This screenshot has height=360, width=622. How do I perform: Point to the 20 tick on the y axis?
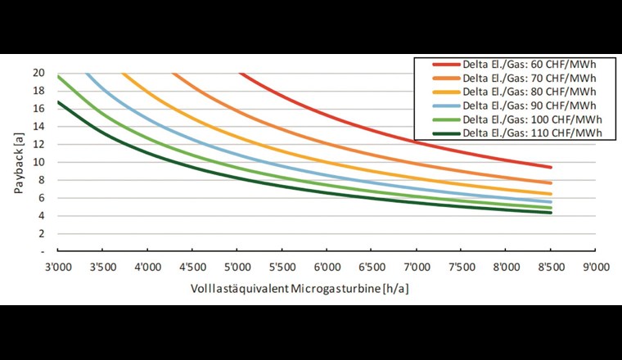[38, 72]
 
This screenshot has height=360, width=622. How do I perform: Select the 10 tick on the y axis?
[38, 162]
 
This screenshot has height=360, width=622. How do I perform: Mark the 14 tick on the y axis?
[38, 126]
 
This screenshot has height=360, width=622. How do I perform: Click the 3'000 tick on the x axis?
[57, 265]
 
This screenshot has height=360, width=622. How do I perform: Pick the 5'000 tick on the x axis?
[237, 265]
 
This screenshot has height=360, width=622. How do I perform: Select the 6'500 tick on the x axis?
[372, 265]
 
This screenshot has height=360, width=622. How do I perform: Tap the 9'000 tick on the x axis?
[595, 265]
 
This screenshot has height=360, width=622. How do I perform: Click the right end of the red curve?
[551, 167]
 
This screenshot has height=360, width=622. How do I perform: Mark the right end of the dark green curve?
[551, 213]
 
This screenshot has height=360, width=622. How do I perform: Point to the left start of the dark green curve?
[57, 101]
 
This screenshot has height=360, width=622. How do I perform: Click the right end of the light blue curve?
[551, 201]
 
